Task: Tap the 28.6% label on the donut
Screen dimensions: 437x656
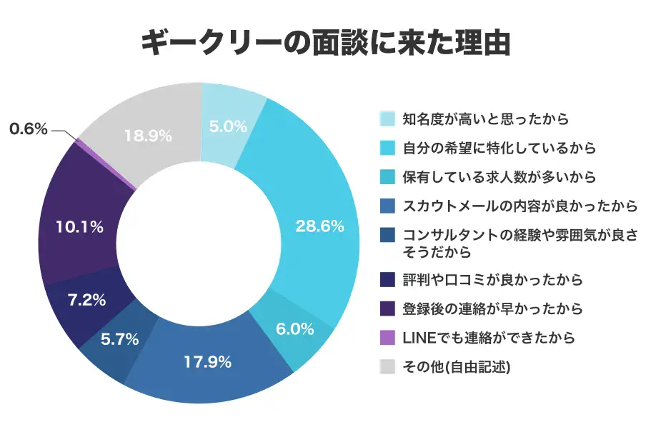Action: [x=319, y=226]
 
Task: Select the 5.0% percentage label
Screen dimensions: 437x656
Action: [x=228, y=127]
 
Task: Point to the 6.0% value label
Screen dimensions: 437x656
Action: [x=295, y=329]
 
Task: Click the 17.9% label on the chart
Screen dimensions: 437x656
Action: [x=208, y=362]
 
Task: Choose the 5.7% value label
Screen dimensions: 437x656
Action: [x=119, y=339]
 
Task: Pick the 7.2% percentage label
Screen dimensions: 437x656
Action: [x=87, y=299]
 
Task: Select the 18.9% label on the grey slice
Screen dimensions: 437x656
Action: [x=147, y=136]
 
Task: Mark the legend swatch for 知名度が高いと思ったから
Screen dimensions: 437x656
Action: [x=387, y=119]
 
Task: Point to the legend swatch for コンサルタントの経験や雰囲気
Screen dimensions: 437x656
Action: [x=387, y=236]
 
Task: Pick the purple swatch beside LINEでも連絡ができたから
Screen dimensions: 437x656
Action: [x=387, y=337]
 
